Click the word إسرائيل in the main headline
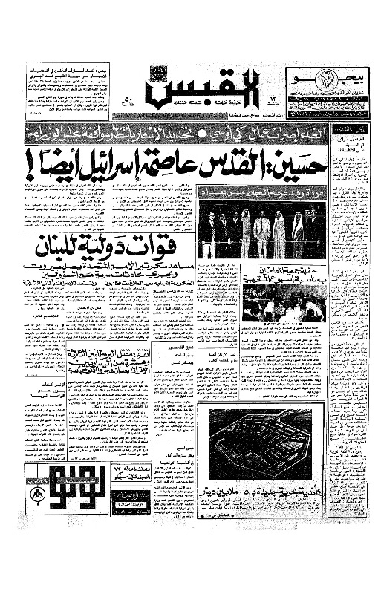163,163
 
